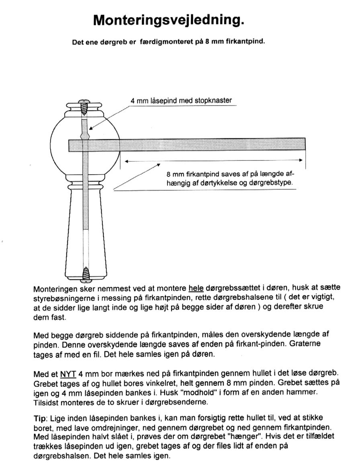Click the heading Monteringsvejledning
click(168, 20)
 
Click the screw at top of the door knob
click(85, 107)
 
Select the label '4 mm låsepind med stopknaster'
click(181, 101)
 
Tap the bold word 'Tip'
click(40, 418)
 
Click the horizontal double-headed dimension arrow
click(213, 160)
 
